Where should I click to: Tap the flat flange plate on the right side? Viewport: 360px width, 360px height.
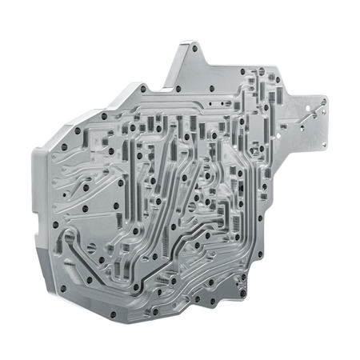click(308, 120)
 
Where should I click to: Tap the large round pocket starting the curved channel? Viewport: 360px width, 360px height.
click(68, 237)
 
